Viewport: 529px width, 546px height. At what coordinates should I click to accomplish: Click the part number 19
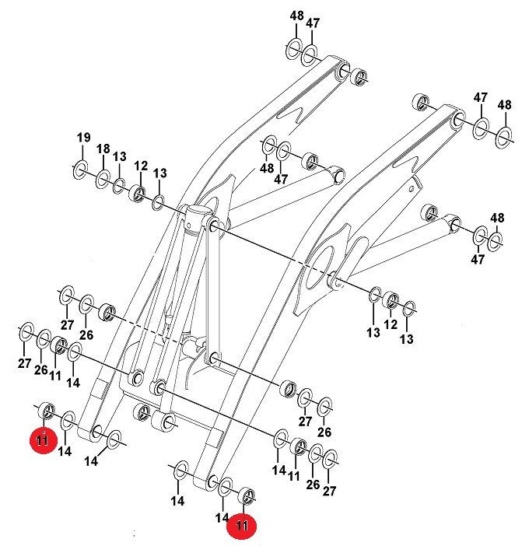83,138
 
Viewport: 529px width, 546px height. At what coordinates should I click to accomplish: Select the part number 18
103,149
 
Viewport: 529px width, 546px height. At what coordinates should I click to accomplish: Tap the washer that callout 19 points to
80,170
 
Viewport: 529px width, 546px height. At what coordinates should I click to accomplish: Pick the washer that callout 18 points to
103,179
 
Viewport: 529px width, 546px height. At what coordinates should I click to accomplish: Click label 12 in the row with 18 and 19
141,166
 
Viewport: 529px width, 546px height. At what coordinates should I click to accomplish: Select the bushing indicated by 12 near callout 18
137,194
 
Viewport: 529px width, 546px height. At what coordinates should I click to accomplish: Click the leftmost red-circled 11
43,440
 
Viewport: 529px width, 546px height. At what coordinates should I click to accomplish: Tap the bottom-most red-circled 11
241,524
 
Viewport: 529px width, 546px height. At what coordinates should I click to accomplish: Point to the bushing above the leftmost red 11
47,411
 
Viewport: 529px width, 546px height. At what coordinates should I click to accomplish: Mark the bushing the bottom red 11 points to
247,495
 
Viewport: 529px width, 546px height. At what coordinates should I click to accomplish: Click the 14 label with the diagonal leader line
91,461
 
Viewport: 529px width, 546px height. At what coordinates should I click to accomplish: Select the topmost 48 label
296,16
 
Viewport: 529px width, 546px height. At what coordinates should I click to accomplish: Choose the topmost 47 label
313,23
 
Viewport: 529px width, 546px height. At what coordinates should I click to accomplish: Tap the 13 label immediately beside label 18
120,156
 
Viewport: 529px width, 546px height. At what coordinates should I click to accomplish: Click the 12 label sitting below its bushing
391,324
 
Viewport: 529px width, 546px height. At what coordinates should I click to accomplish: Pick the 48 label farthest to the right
504,105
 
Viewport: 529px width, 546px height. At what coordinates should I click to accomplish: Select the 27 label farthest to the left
24,363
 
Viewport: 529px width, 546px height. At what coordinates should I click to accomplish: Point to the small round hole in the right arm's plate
412,189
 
